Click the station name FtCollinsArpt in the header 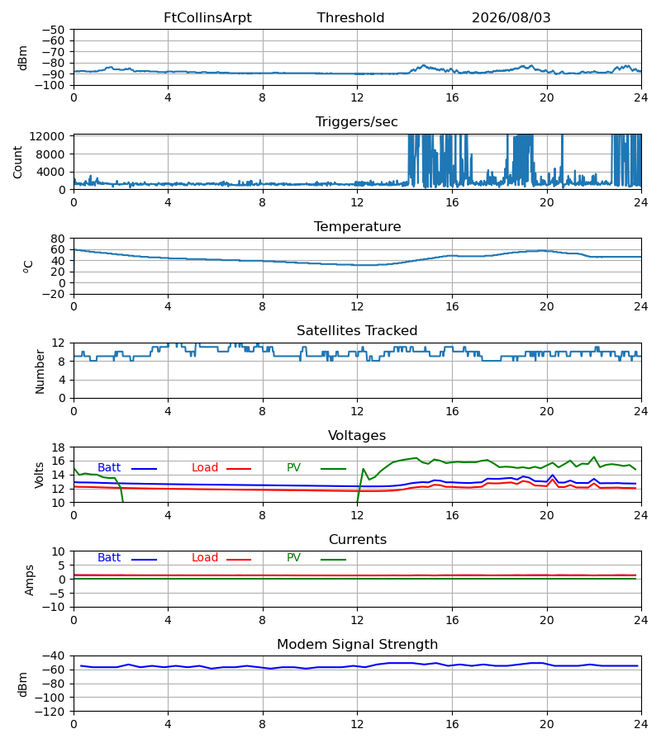(x=207, y=18)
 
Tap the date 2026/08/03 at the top (x=511, y=18)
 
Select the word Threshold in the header (x=351, y=18)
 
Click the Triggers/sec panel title (x=357, y=122)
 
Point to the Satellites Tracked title (x=357, y=331)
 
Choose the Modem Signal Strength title (x=358, y=645)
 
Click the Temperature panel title (x=358, y=226)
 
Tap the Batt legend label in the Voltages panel (x=109, y=468)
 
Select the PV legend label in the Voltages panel (x=293, y=468)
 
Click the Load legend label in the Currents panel (x=205, y=558)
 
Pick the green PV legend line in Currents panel (x=333, y=560)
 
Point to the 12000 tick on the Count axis (x=47, y=136)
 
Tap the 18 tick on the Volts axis (x=58, y=447)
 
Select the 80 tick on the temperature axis (x=58, y=239)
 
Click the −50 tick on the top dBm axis (x=53, y=30)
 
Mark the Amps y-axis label (x=30, y=580)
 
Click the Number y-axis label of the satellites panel (x=40, y=372)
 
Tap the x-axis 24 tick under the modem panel (x=641, y=725)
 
